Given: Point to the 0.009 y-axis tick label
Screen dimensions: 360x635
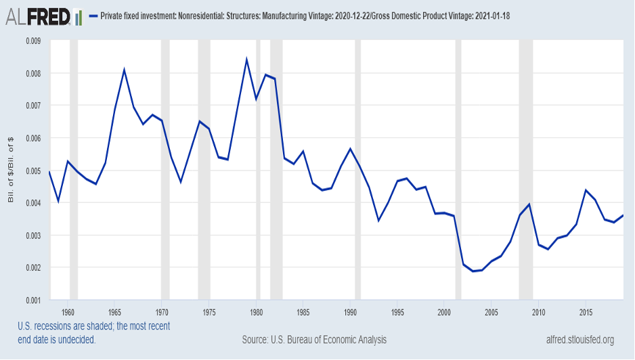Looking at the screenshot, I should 32,41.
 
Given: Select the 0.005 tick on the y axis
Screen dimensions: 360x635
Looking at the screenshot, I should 32,171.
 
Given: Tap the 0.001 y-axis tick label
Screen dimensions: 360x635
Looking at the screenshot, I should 32,300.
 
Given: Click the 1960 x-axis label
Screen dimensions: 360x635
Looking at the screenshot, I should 68,312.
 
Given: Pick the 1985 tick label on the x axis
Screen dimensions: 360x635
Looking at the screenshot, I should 303,312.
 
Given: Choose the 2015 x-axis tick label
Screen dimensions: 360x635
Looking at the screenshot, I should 586,312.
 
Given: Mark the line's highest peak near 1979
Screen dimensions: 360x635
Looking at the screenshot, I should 246,59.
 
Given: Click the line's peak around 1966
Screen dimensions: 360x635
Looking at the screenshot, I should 125,70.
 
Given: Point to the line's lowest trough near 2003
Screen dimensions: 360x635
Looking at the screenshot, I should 473,271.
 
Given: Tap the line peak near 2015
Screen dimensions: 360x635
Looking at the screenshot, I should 586,190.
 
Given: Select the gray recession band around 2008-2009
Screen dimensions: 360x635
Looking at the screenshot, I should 526,169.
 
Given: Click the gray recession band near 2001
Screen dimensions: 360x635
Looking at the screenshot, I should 458,169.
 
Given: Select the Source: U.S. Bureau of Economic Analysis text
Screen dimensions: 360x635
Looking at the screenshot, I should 314,339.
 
